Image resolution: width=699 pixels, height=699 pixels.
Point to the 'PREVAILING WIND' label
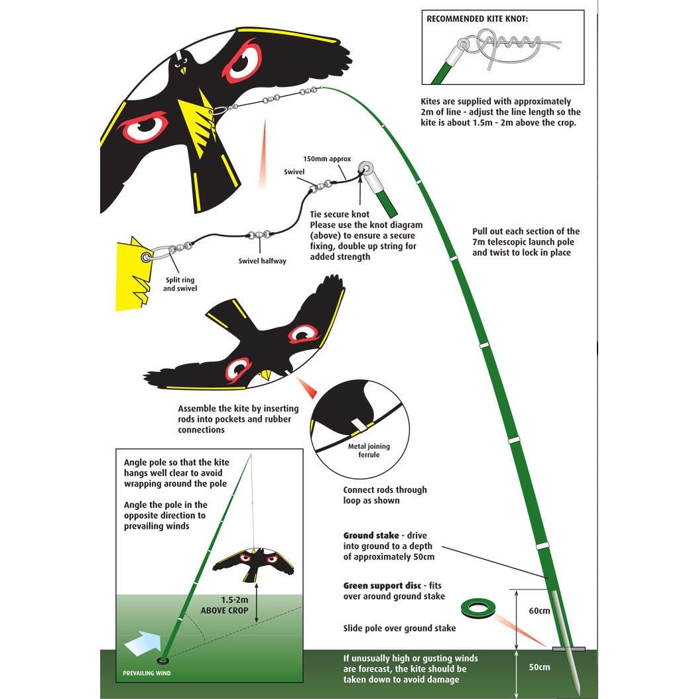[147, 674]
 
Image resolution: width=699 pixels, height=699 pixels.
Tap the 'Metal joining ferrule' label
[369, 450]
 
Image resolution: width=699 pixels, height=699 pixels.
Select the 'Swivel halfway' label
[263, 261]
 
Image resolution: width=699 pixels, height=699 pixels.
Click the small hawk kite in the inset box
[252, 562]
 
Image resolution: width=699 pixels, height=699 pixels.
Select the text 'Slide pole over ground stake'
[399, 628]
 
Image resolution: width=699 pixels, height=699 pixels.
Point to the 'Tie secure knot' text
[339, 214]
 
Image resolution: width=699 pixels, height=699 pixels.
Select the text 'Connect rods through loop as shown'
[385, 495]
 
